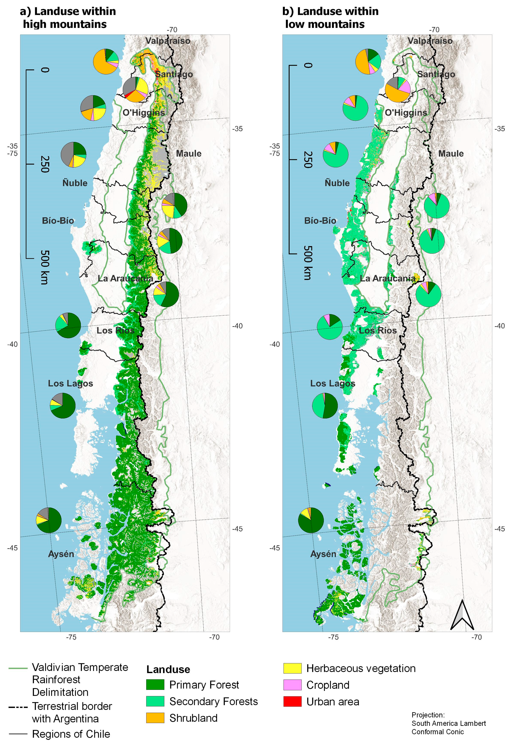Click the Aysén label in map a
pyautogui.click(x=61, y=554)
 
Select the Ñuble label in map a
pyautogui.click(x=75, y=183)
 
